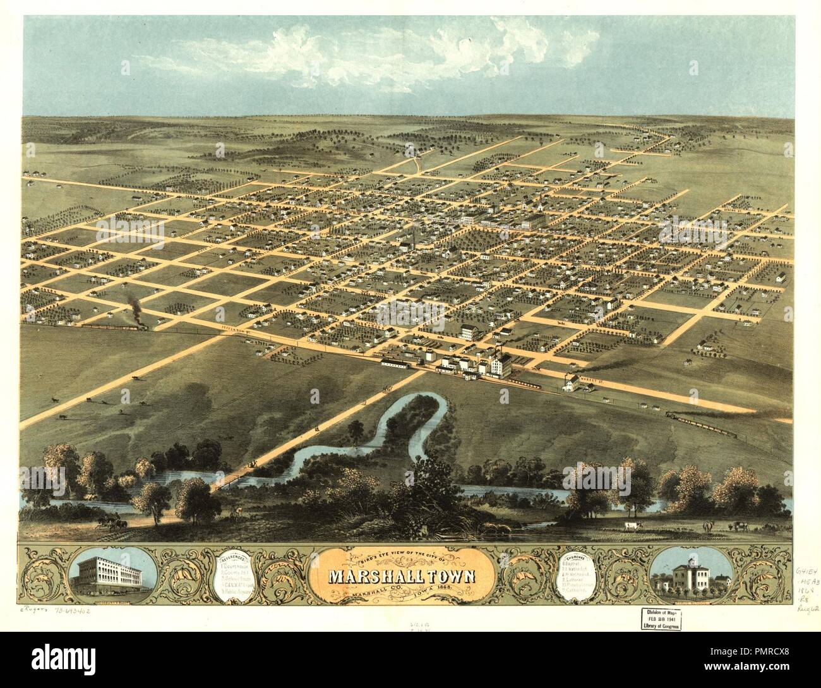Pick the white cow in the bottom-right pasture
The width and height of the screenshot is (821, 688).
pyautogui.click(x=630, y=526)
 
